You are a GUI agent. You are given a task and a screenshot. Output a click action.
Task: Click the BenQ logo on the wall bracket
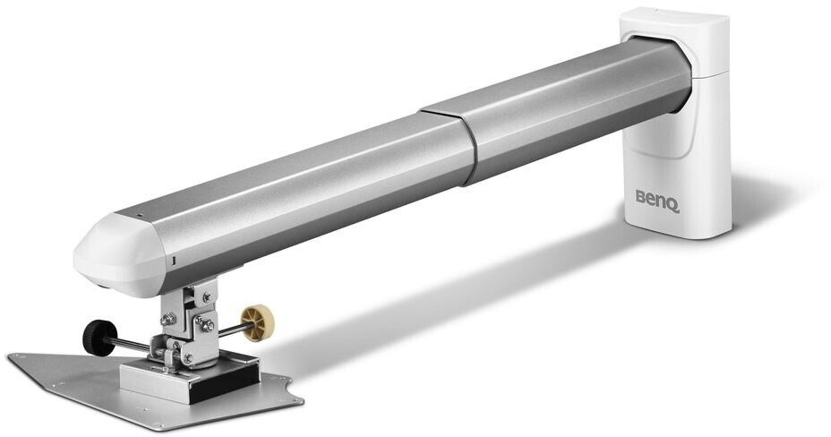[657, 197]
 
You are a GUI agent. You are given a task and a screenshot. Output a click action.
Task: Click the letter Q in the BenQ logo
[673, 200]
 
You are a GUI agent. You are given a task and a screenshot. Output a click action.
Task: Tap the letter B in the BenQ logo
[641, 195]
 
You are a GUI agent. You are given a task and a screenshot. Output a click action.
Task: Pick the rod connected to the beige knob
[228, 328]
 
